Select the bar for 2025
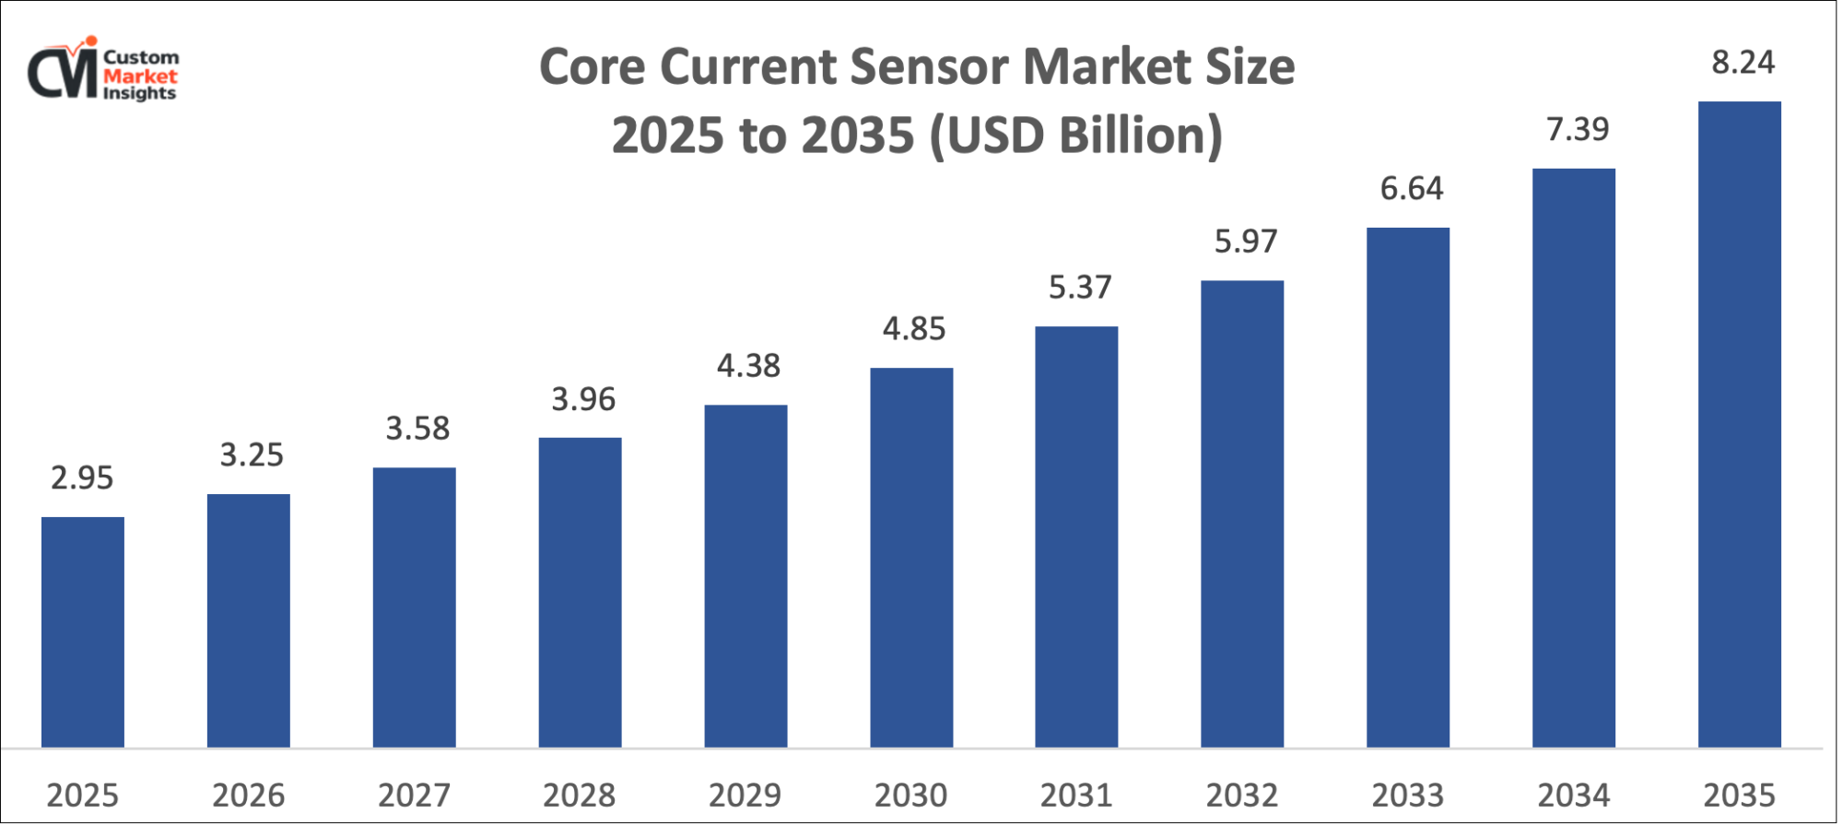(x=83, y=631)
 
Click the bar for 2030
(x=911, y=558)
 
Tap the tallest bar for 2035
(x=1739, y=424)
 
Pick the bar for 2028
(x=580, y=592)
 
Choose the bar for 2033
(x=1407, y=487)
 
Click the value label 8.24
(x=1743, y=63)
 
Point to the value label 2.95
(x=82, y=477)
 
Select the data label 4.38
(x=748, y=366)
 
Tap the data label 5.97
(x=1246, y=242)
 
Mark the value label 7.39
(x=1578, y=129)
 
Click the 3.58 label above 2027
(x=417, y=429)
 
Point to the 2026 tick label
(x=248, y=795)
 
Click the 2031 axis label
(x=1076, y=795)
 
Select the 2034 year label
(x=1573, y=795)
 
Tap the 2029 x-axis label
(x=745, y=795)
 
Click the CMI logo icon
(x=63, y=71)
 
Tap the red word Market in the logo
(x=140, y=77)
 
